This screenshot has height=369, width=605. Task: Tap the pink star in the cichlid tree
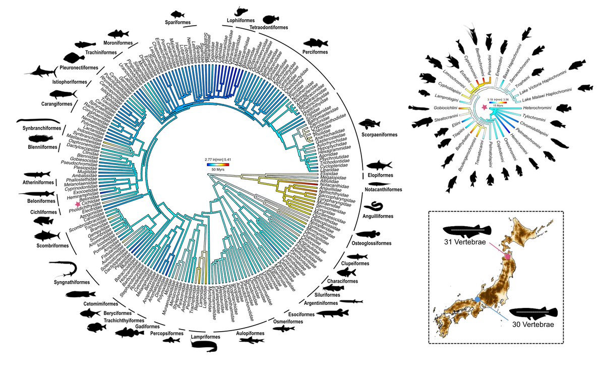pyautogui.click(x=485, y=108)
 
